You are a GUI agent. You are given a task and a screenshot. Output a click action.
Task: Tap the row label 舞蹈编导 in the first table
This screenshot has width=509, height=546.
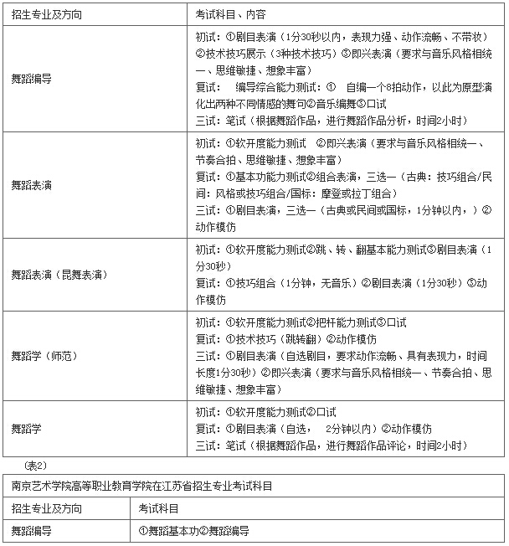[x=31, y=79]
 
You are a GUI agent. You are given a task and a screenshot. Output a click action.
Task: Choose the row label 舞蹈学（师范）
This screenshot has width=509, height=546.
[x=44, y=355]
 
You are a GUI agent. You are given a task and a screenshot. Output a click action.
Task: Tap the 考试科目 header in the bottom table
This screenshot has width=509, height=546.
[x=159, y=508]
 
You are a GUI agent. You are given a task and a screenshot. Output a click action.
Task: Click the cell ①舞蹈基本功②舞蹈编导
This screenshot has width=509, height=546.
[x=194, y=531]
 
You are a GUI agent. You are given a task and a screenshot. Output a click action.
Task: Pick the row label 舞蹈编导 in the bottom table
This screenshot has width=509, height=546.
[x=31, y=531]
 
